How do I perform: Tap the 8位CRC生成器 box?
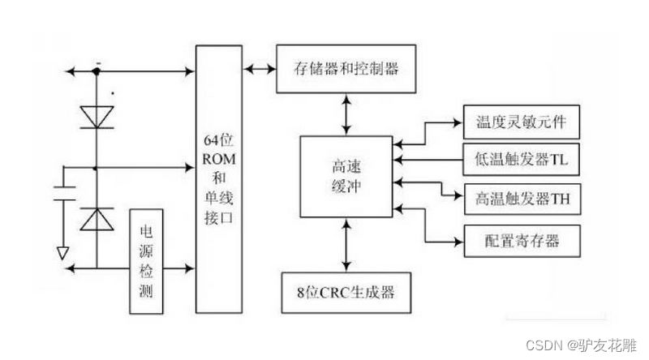346,289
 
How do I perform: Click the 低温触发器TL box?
520,160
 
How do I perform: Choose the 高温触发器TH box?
520,198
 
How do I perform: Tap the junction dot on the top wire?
96,71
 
